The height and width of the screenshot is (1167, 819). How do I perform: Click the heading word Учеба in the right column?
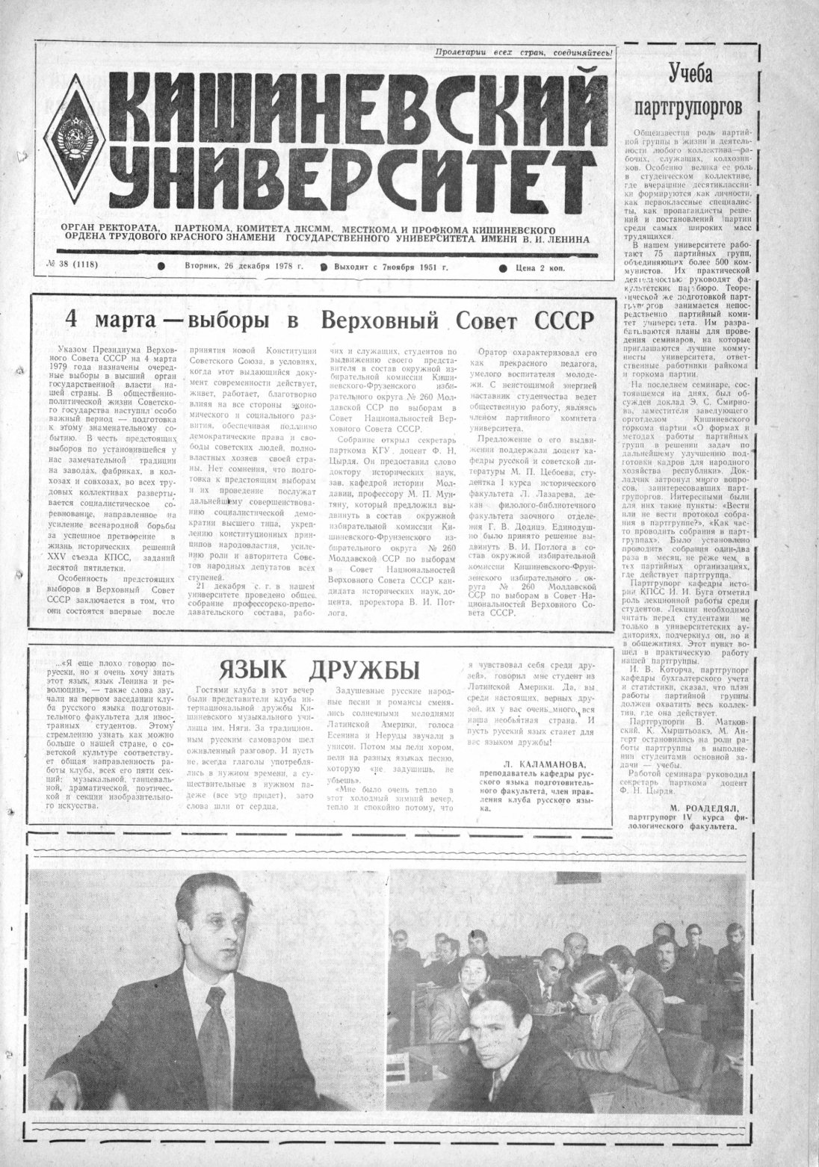pyautogui.click(x=690, y=75)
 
